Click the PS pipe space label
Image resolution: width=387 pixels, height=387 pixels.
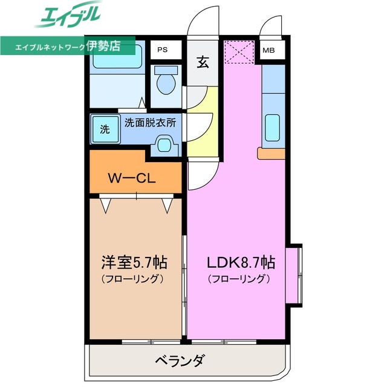[x=163, y=50]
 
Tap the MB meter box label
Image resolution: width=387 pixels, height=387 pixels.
[x=268, y=50]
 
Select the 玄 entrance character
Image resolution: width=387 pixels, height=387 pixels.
[x=203, y=62]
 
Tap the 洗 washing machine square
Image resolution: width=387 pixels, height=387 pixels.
[x=105, y=128]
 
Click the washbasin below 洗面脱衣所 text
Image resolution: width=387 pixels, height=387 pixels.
[x=164, y=145]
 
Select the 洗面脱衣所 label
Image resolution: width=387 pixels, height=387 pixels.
[x=150, y=122]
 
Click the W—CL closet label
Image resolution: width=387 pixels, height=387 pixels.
[x=132, y=178]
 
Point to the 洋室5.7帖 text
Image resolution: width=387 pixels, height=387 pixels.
[x=134, y=263]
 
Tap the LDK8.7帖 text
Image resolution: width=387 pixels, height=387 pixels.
[x=241, y=263]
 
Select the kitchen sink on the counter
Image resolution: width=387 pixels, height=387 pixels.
[x=273, y=128]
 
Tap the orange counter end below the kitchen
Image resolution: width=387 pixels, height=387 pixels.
[x=270, y=153]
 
